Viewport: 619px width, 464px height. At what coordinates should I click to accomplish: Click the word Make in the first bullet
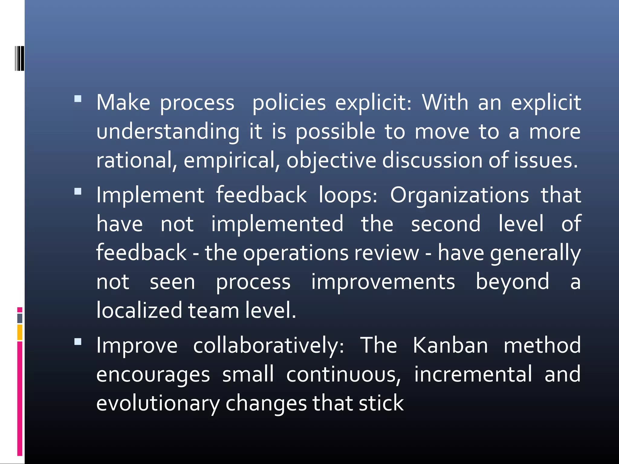pos(123,103)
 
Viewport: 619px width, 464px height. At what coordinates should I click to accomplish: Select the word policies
pos(289,103)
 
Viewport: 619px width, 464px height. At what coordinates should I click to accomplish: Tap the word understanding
pos(168,132)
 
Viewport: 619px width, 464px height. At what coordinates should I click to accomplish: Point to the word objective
pos(331,160)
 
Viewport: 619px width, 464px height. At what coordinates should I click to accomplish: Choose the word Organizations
pos(459,195)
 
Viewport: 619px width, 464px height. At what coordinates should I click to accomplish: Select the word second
pos(446,224)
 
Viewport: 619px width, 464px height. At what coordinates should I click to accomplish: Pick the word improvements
pos(383,282)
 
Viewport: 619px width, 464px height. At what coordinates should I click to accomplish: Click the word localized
pos(139,311)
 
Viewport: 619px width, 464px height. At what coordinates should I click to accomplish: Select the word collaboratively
pos(268,345)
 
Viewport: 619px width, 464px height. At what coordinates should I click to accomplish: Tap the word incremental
pos(473,374)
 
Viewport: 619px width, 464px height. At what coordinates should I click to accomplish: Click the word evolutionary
pos(158,403)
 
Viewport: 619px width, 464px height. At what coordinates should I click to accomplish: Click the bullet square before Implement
pos(78,191)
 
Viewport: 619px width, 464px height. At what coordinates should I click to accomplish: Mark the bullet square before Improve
pos(78,342)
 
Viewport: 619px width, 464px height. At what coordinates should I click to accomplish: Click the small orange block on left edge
pos(20,332)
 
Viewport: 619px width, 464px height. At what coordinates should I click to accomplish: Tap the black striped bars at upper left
pos(20,58)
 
